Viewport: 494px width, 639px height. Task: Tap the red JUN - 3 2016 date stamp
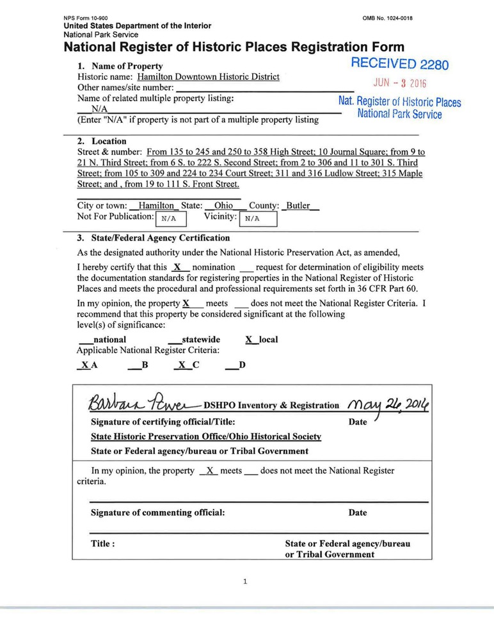(x=400, y=83)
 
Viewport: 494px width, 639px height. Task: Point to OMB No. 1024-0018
(x=387, y=18)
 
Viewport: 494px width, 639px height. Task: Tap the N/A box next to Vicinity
(x=258, y=219)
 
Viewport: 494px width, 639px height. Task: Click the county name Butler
(x=298, y=206)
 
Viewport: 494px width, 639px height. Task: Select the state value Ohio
(x=223, y=206)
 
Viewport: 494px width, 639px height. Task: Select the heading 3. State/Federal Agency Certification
(x=153, y=238)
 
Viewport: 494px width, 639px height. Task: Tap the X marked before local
(x=250, y=340)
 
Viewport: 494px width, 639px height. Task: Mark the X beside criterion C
(x=182, y=365)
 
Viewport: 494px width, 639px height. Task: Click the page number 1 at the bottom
(x=246, y=581)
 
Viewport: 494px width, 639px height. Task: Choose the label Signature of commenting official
(x=158, y=513)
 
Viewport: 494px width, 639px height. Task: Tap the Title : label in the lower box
(x=103, y=544)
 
